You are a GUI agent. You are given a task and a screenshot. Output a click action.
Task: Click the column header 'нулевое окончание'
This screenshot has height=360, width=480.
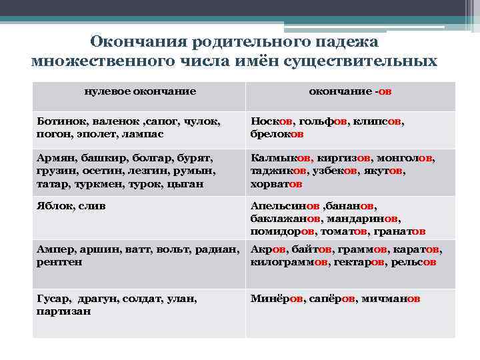point(140,91)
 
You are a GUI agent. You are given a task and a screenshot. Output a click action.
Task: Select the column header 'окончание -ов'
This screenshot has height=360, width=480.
point(349,91)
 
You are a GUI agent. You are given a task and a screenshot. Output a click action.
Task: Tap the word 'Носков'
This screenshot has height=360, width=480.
point(271,122)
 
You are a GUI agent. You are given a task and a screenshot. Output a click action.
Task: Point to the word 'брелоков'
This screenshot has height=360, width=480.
point(277,133)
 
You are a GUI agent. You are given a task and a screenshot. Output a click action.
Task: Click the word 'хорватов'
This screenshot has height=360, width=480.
point(277,183)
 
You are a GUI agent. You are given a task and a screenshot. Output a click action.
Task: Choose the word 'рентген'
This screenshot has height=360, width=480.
point(59,262)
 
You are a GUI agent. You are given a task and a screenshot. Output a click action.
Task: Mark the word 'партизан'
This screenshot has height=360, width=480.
point(63,311)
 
